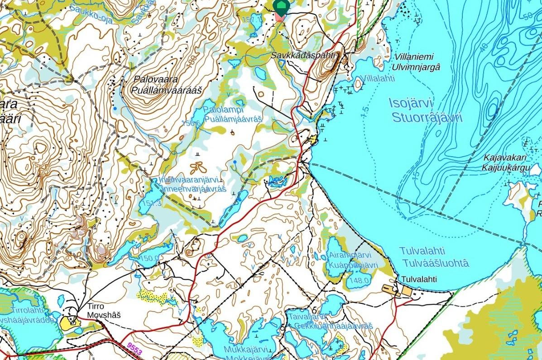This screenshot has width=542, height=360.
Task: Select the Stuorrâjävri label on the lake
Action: [427, 118]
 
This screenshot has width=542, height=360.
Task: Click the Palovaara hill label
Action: [155, 79]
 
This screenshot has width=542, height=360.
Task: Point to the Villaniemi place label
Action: [414, 57]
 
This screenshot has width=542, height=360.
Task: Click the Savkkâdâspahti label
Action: [302, 55]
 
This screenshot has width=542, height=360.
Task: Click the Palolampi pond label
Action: [224, 110]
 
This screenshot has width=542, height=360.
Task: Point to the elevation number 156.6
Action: [191, 123]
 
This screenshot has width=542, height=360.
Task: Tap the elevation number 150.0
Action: [149, 259]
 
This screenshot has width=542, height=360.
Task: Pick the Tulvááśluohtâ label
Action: [434, 264]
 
